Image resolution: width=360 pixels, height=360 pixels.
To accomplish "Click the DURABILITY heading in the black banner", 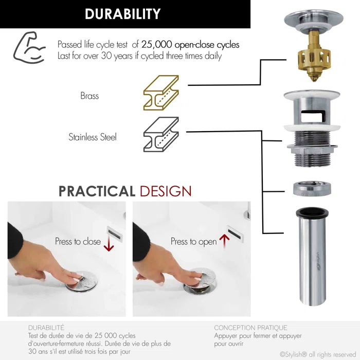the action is click(x=122, y=14).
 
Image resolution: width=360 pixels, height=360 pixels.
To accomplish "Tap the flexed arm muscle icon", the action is click(x=29, y=47).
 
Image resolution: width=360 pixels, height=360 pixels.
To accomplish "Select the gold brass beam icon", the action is click(x=161, y=93).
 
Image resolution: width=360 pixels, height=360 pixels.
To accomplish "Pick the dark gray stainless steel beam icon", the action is click(x=161, y=134).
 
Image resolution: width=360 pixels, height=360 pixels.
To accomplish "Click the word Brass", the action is click(x=89, y=96).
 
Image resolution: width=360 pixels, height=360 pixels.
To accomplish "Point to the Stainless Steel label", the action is click(x=93, y=137).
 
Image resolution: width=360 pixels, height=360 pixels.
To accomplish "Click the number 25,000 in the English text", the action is click(x=156, y=45).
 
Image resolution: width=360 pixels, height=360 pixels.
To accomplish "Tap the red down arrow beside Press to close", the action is click(x=109, y=244).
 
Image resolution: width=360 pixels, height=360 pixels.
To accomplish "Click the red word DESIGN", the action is click(x=166, y=191).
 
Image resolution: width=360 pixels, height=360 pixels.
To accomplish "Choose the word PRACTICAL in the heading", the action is click(x=97, y=191).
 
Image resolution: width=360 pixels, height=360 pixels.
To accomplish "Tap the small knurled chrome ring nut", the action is click(x=312, y=189).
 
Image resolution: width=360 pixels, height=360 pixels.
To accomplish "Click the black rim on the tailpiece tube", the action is click(x=312, y=212).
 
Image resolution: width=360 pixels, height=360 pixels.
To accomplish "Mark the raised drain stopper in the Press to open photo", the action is click(x=200, y=280).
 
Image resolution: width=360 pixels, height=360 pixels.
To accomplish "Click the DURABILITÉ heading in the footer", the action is click(x=46, y=328).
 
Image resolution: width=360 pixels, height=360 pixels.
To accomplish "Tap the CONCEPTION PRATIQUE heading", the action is click(x=250, y=328).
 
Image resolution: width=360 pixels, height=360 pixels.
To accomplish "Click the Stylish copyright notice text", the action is click(x=318, y=354).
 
